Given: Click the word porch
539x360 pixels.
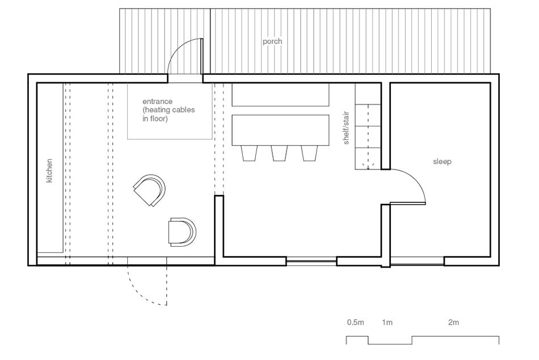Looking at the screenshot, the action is click(272, 41).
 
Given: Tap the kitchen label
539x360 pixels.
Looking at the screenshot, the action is click(49, 171).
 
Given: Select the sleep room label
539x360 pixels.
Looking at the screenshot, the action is click(442, 162).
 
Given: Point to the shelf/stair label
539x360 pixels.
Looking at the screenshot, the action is click(346, 128).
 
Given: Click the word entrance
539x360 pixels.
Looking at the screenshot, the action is click(157, 101).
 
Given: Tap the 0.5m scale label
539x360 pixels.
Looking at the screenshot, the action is click(355, 322).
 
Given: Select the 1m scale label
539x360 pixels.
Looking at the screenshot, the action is click(387, 322).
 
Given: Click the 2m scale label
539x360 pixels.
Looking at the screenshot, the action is click(453, 322).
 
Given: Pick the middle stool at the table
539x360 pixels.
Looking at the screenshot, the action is click(279, 153).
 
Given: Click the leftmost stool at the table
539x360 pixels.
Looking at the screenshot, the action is click(249, 153).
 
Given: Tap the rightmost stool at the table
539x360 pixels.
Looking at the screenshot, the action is click(309, 153).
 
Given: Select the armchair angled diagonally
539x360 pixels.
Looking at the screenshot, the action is click(150, 190).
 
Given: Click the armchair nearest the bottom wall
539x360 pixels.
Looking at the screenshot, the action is click(182, 232).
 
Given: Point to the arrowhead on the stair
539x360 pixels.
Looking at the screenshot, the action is click(368, 167).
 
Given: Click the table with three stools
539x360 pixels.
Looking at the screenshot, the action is click(280, 130).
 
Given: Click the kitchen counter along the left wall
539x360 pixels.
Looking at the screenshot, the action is click(50, 168).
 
